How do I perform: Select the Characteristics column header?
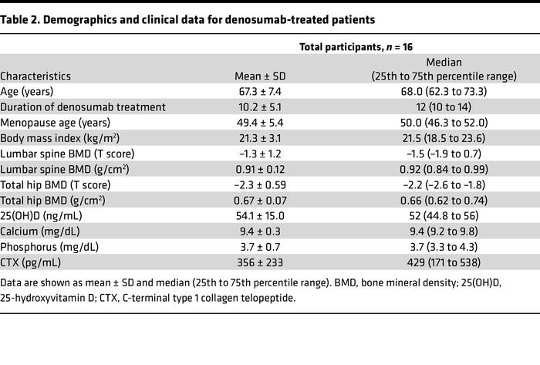tap(35, 76)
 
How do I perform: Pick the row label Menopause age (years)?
tap(56, 123)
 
